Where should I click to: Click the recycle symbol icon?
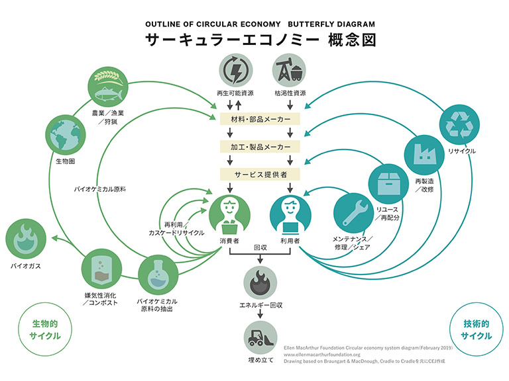(459, 124)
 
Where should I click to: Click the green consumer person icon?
(230, 215)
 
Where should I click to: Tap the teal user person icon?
(290, 215)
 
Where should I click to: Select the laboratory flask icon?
(157, 276)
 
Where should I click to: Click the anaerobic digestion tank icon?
(101, 268)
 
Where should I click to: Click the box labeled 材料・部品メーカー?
(261, 120)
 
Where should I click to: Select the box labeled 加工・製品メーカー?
(261, 147)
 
